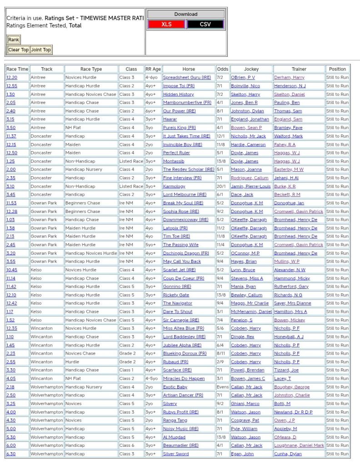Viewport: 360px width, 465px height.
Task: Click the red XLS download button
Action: [x=166, y=25]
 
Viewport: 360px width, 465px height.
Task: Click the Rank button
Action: [x=14, y=40]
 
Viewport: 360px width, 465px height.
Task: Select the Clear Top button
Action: [x=18, y=50]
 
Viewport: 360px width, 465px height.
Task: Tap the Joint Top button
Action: [x=41, y=50]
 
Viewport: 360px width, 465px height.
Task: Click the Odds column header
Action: [x=222, y=69]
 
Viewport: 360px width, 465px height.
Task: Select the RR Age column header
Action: [x=153, y=69]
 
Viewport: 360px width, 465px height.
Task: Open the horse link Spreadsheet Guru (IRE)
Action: [x=187, y=78]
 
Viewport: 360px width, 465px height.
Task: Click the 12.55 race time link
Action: [x=11, y=86]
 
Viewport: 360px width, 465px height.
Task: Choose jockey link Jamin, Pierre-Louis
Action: [x=250, y=186]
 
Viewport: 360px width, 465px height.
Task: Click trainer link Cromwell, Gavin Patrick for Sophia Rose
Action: [x=299, y=211]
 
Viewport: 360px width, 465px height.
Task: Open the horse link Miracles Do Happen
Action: [x=184, y=378]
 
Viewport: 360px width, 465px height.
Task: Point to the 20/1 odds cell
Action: [x=221, y=186]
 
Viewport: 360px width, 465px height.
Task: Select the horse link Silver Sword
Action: [x=175, y=454]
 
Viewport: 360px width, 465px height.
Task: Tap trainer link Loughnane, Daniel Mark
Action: [x=299, y=445]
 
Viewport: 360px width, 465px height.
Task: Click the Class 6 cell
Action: [x=127, y=445]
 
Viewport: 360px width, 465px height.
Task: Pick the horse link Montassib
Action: [x=174, y=161]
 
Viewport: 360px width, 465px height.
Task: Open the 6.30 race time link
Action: [x=10, y=454]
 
